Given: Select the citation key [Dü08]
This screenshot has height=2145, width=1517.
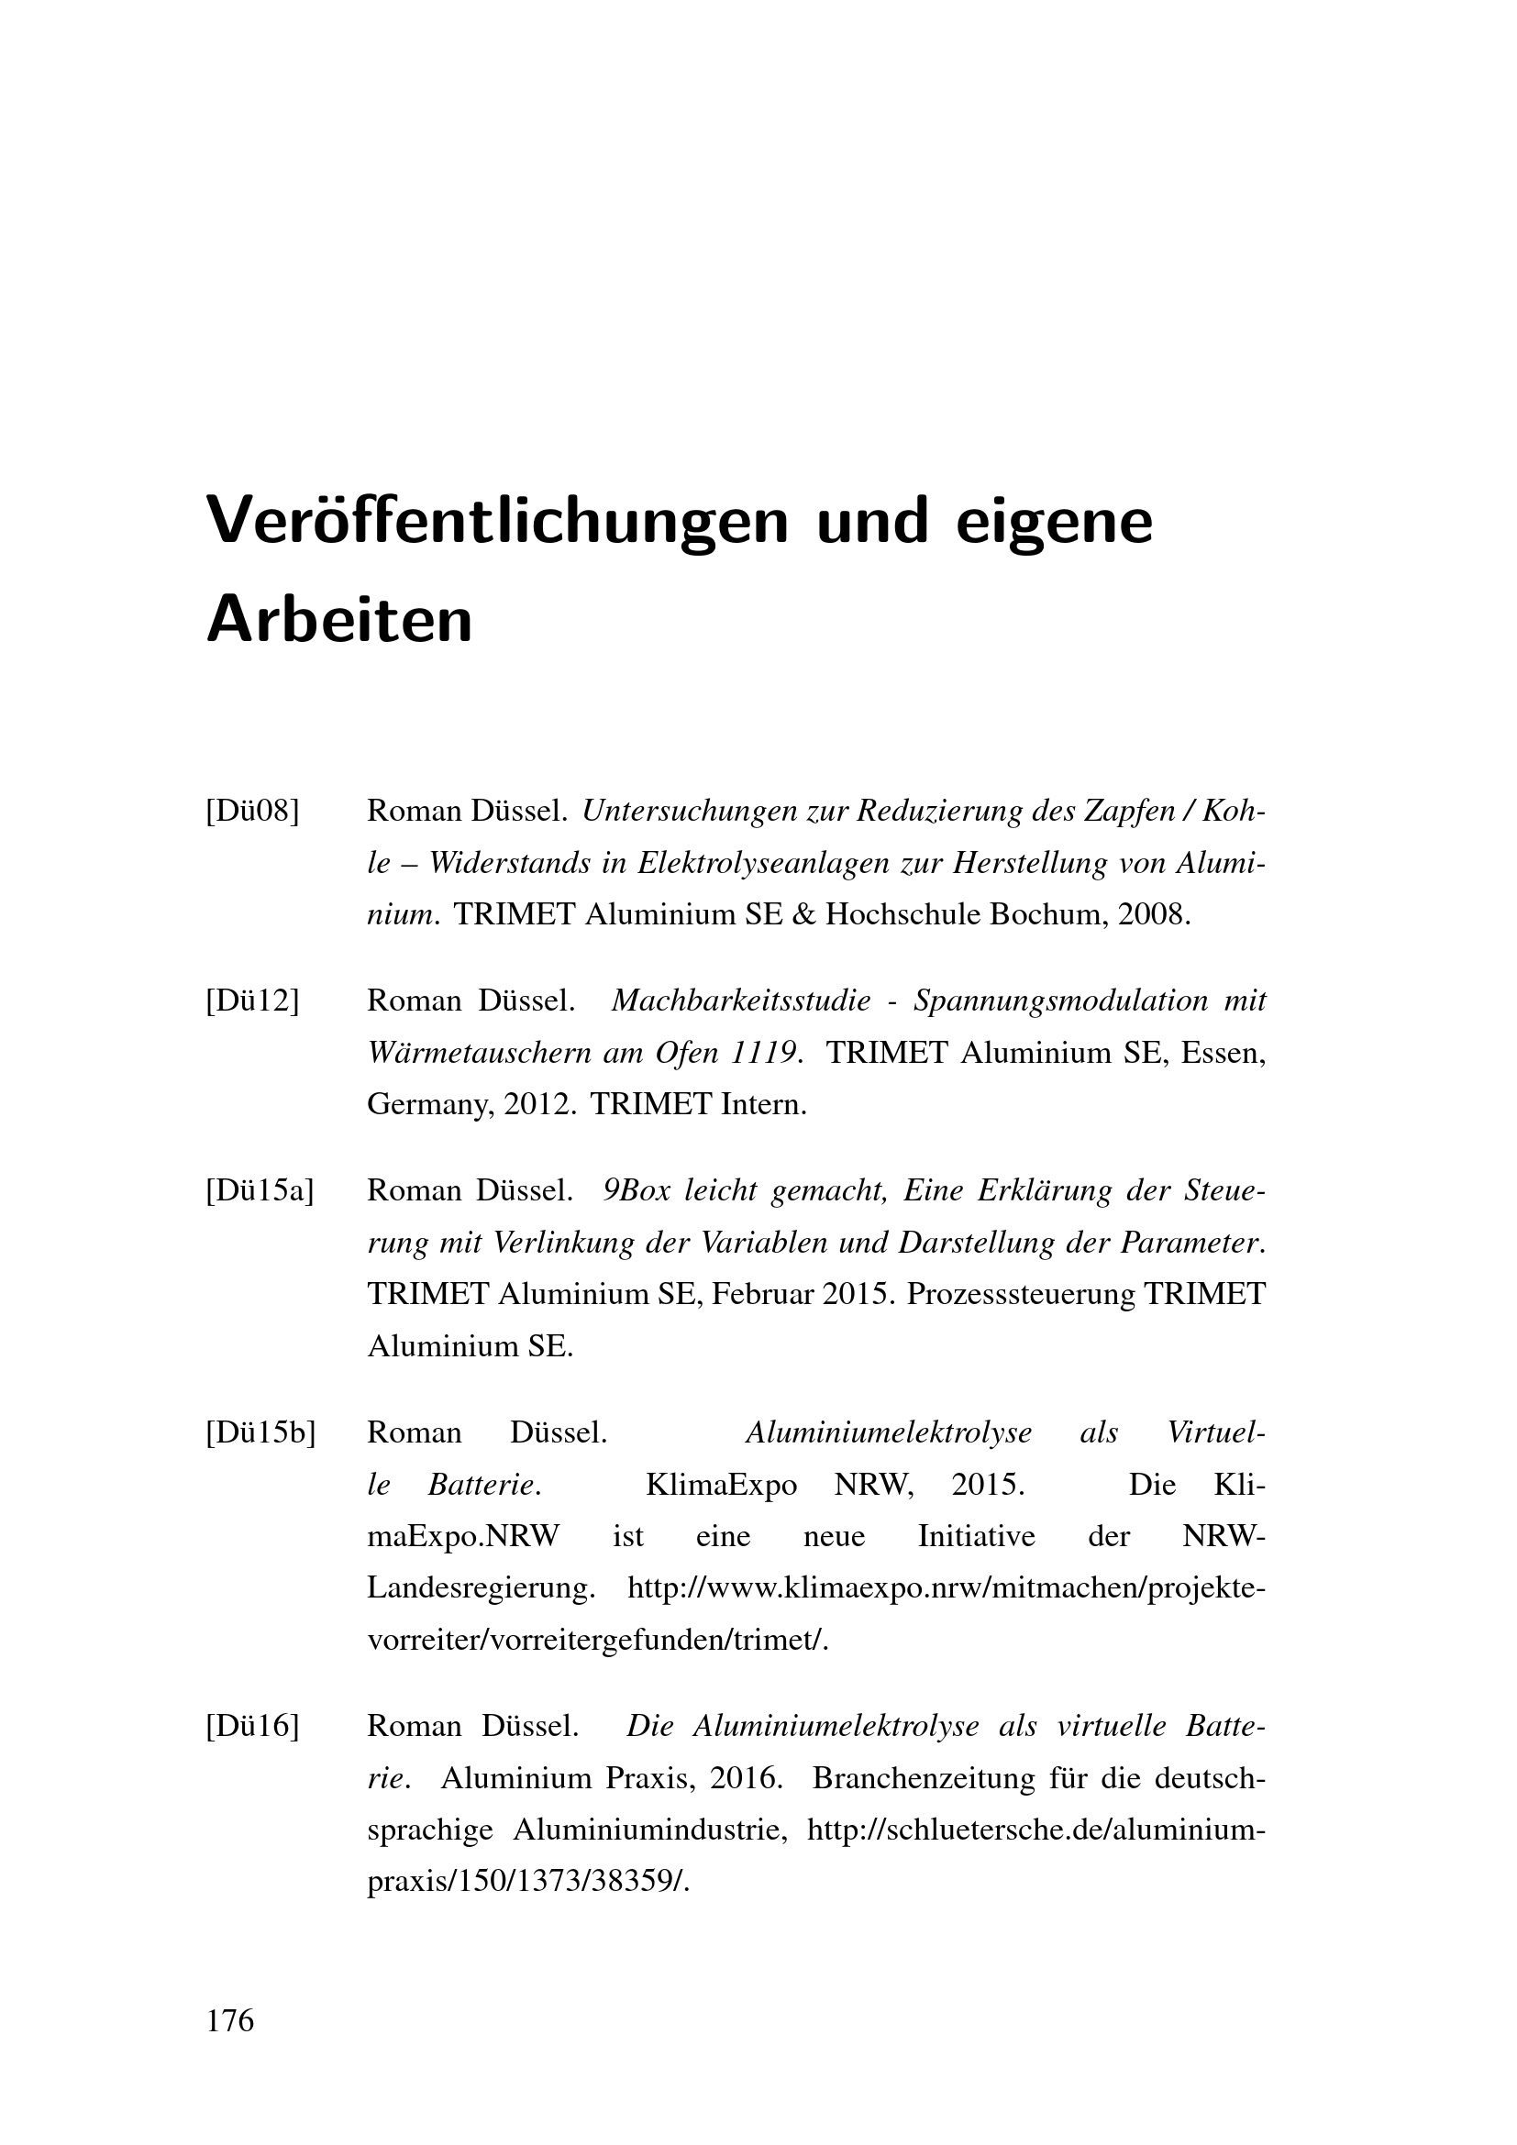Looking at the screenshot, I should click(x=252, y=811).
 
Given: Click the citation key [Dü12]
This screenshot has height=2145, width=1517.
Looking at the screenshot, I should click(x=252, y=1001).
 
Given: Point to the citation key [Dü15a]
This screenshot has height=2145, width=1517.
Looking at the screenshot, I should click(x=260, y=1191).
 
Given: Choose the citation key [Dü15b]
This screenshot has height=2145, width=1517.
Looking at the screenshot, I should click(x=260, y=1433).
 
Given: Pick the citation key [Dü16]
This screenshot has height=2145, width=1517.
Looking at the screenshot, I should click(x=252, y=1727).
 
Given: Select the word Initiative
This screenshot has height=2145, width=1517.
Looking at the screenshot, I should click(x=977, y=1537).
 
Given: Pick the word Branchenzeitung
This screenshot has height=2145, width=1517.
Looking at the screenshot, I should click(x=924, y=1779).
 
